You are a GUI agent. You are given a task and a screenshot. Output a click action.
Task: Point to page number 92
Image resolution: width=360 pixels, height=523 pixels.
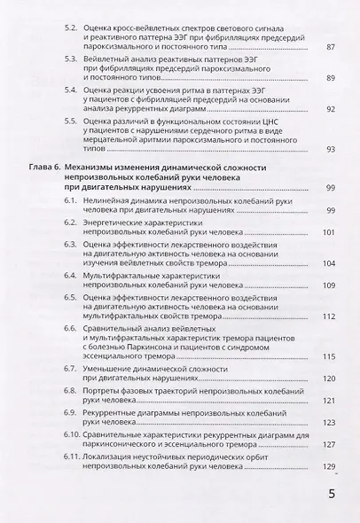tap(331, 109)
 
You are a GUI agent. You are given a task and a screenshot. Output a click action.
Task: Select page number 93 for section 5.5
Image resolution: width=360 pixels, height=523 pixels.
tap(331, 149)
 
